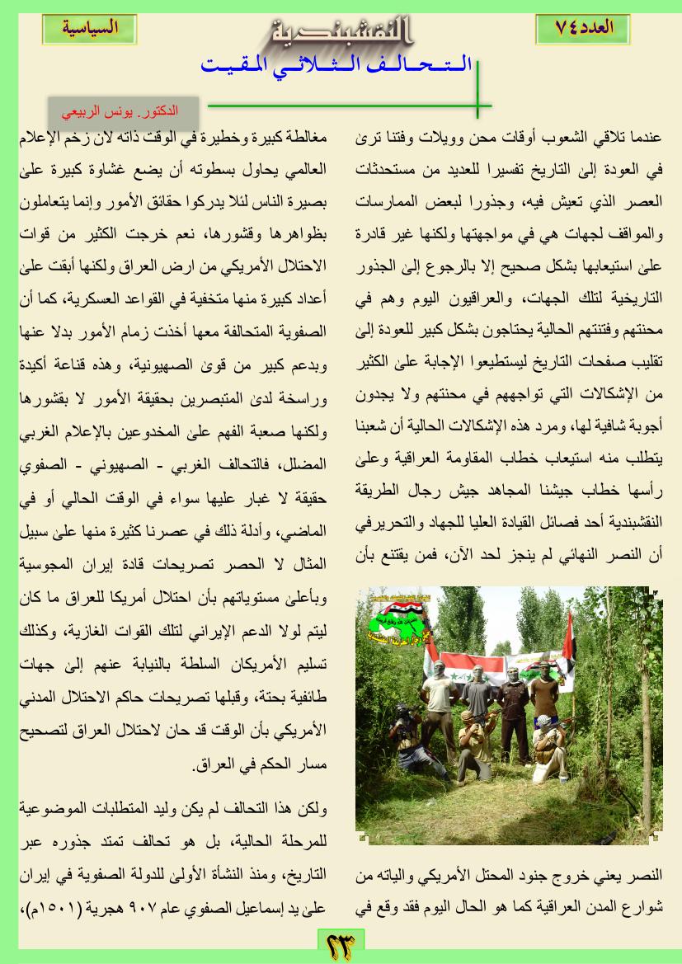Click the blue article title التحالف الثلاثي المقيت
click(338, 65)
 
